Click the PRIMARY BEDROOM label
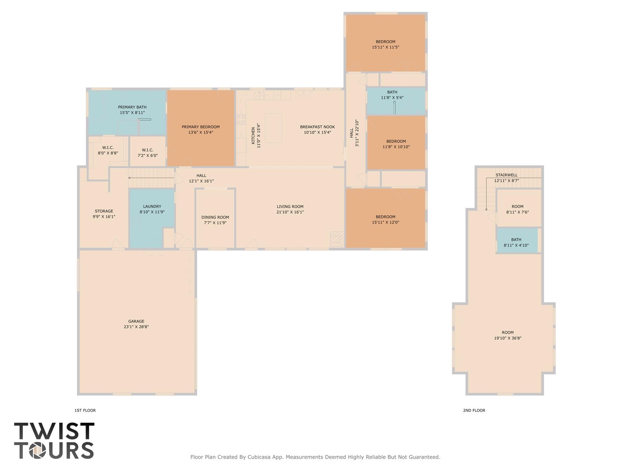click(200, 127)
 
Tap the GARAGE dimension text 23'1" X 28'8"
click(136, 327)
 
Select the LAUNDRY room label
click(152, 206)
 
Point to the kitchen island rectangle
click(273, 128)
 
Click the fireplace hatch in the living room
click(337, 239)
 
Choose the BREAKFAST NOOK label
click(317, 127)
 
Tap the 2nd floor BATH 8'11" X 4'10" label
click(516, 243)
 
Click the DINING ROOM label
click(215, 217)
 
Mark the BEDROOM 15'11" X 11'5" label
click(385, 44)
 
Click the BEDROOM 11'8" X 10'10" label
click(396, 144)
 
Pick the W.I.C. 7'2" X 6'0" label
click(148, 153)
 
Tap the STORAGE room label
click(104, 211)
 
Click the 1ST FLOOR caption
click(85, 410)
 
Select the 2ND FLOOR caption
click(474, 410)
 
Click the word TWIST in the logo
click(54, 431)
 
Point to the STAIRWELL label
click(506, 175)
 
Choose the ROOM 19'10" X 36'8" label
click(507, 335)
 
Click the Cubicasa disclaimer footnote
click(315, 457)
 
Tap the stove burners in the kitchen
click(241, 120)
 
